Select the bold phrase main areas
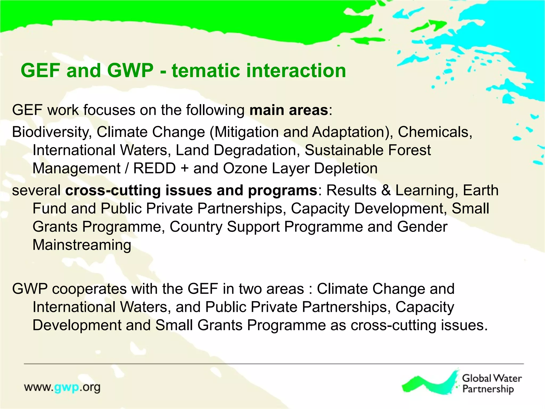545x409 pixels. click(289, 110)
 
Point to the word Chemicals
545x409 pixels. click(435, 132)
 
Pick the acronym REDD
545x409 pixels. click(154, 168)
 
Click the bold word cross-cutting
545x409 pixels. click(113, 190)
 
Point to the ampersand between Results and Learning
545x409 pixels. click(386, 190)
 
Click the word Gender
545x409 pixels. click(422, 227)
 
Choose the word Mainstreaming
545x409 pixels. click(82, 245)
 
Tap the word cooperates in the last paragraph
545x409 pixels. click(89, 289)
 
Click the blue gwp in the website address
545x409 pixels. click(67, 388)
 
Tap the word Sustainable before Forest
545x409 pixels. click(344, 150)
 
